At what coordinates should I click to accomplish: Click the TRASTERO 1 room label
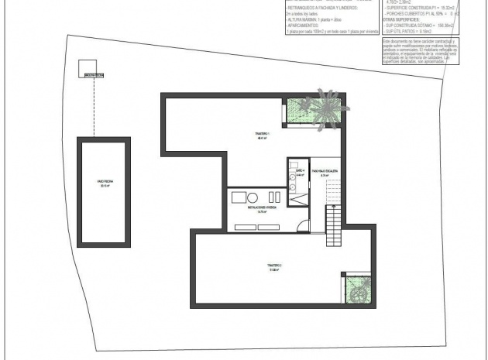261,136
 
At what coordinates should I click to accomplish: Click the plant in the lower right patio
357,292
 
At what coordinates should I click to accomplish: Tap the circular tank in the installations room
252,196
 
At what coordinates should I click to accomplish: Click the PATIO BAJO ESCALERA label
324,172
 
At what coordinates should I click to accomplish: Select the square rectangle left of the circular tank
238,197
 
